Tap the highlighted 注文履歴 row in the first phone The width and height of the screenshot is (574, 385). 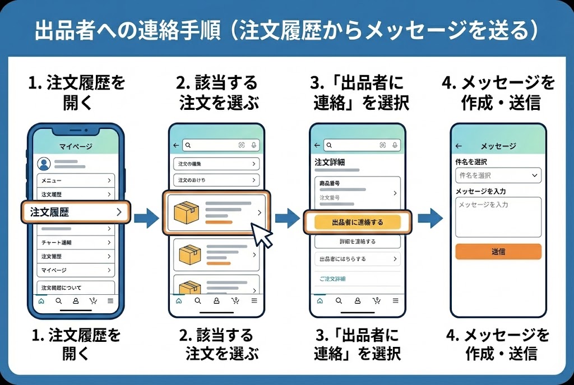click(x=76, y=212)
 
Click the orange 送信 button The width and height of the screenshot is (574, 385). click(x=498, y=252)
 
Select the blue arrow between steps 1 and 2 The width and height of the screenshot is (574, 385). click(x=146, y=217)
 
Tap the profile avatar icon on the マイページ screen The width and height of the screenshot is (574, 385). click(x=44, y=164)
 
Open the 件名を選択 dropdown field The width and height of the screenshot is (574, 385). click(x=498, y=175)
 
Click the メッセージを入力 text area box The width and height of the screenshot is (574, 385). click(x=498, y=217)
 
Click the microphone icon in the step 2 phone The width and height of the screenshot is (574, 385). click(x=254, y=145)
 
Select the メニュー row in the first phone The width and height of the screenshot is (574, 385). click(x=76, y=180)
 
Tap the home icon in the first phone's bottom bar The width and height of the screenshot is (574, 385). click(x=41, y=301)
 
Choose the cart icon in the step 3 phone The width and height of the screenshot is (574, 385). click(x=375, y=301)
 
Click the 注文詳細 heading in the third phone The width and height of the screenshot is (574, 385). click(x=330, y=162)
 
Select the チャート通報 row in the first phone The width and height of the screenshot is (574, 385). click(x=76, y=243)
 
